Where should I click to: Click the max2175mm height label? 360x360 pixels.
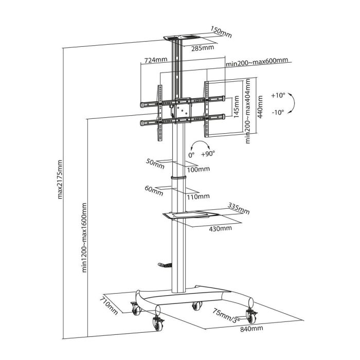pos(60,179)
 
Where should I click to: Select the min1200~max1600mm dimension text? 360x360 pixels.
pos(84,238)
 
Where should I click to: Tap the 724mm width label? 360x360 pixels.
pos(156,60)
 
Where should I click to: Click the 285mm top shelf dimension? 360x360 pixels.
pos(203,48)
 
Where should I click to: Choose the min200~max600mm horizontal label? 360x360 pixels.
pos(257,62)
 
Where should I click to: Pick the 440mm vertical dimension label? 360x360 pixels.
pos(260,107)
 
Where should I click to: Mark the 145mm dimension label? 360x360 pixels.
pos(236,107)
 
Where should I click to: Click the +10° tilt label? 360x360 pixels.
pos(278,95)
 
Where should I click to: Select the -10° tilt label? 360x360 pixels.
pos(278,113)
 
